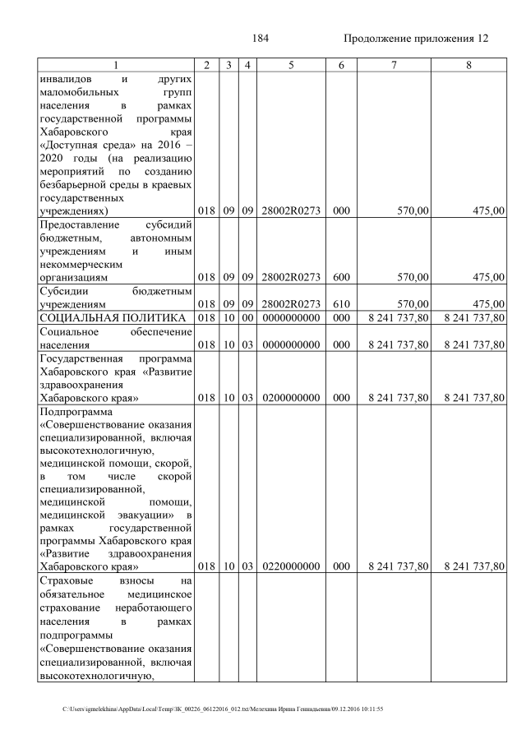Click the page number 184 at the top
point(262,39)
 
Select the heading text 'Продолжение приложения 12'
point(415,39)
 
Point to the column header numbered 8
point(468,65)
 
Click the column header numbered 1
point(115,65)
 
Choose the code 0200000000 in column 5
point(291,398)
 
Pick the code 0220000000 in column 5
point(291,566)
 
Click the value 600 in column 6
point(337,278)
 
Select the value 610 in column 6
point(337,304)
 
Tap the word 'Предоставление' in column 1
point(78,224)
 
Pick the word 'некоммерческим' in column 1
point(80,265)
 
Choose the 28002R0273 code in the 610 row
point(291,304)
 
